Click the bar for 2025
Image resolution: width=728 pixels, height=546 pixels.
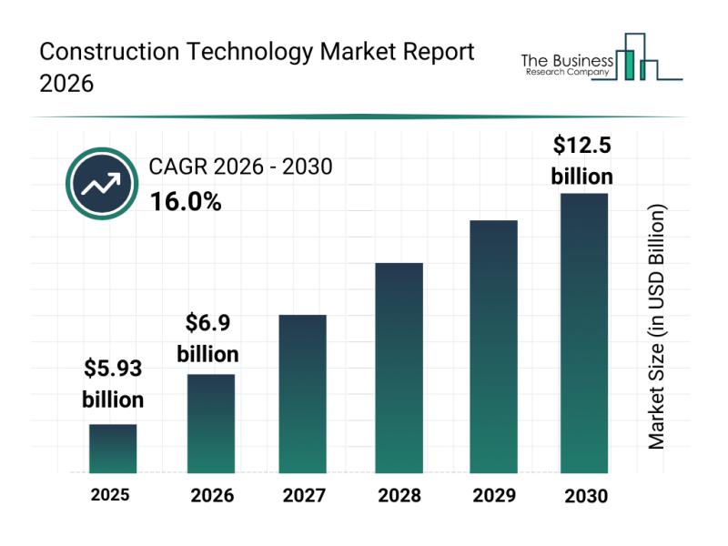113,449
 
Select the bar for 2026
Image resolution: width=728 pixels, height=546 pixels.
211,423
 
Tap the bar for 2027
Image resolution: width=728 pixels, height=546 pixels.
303,393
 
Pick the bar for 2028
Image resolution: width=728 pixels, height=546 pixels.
399,368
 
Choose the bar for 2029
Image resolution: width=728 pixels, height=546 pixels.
493,346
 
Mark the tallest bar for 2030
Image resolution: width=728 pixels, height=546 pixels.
583,333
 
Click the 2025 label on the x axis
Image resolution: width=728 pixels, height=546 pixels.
110,495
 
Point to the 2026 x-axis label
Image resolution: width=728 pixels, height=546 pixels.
212,496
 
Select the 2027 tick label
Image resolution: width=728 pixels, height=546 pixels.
305,496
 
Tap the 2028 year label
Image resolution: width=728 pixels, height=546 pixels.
399,496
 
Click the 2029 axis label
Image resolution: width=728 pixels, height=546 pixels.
492,496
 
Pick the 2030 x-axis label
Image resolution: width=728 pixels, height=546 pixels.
584,496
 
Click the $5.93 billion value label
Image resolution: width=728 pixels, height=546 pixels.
113,383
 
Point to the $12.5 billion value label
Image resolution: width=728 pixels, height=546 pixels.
582,159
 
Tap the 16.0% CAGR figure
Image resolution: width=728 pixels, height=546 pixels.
186,202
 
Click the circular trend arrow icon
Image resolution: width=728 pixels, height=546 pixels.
100,185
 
